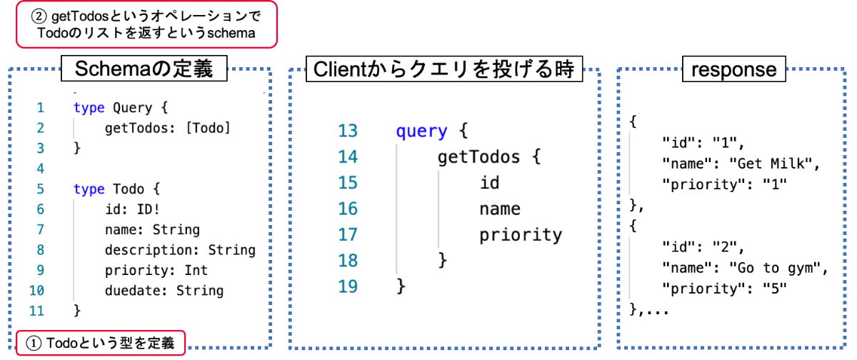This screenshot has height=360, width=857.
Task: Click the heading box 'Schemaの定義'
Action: (x=144, y=69)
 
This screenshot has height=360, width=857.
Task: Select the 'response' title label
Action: (x=734, y=69)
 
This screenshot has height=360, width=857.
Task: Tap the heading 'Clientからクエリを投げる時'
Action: (x=444, y=69)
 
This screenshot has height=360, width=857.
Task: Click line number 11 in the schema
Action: (x=36, y=311)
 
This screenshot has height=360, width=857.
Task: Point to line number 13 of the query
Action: (x=347, y=131)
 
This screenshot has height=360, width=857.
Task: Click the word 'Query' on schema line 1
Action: (x=132, y=108)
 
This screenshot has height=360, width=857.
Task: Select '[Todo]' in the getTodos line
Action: (x=208, y=128)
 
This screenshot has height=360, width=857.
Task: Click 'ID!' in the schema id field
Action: (x=148, y=209)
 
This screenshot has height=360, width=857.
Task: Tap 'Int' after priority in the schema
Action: (x=196, y=270)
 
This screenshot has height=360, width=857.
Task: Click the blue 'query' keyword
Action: (x=421, y=132)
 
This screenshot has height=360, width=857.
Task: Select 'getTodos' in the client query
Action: (x=478, y=157)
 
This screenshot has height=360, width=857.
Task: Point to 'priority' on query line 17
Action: (x=521, y=235)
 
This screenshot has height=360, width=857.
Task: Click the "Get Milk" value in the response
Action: (x=771, y=164)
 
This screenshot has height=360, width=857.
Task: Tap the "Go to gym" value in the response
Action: (x=775, y=268)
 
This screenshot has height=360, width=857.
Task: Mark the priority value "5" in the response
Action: (x=775, y=288)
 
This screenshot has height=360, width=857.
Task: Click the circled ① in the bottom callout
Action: (x=34, y=343)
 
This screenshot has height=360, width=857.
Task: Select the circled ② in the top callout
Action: (x=39, y=16)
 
